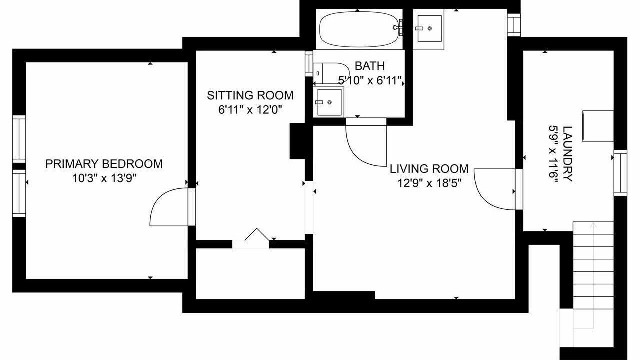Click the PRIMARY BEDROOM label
(104, 164)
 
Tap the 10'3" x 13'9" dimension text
(104, 179)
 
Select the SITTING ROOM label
(250, 95)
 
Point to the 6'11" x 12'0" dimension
(250, 110)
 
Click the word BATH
(370, 66)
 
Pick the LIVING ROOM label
(429, 169)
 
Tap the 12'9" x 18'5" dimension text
(429, 183)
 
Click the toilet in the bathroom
(331, 73)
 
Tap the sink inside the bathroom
(329, 102)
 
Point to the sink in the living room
(429, 29)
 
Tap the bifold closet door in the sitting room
(257, 234)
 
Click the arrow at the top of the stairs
(594, 225)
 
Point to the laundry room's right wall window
(620, 173)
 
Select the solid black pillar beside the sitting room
(298, 141)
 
